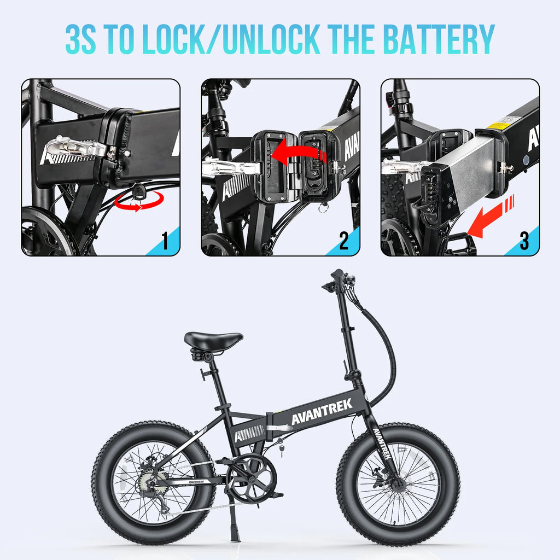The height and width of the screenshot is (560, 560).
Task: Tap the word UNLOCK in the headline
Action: tap(270, 39)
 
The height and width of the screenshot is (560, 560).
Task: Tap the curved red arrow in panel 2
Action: tap(298, 151)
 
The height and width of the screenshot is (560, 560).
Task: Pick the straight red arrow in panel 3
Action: tap(491, 216)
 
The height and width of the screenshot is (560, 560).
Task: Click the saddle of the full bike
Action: tap(213, 340)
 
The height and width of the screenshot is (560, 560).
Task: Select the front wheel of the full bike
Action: tap(398, 484)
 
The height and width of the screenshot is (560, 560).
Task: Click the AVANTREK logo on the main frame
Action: tap(322, 411)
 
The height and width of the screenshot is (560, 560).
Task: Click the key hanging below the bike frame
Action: tap(282, 449)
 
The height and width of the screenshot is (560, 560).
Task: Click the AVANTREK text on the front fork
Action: tap(382, 443)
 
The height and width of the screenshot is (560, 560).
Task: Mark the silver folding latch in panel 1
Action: tap(75, 147)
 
